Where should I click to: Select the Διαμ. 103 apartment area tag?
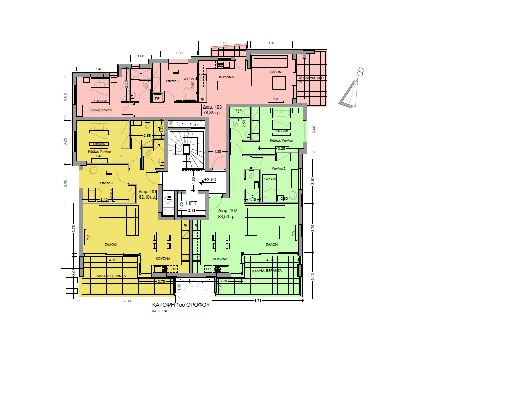pyautogui.click(x=212, y=110)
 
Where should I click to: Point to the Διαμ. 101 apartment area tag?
pyautogui.click(x=147, y=194)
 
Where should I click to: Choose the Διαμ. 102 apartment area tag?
pyautogui.click(x=227, y=214)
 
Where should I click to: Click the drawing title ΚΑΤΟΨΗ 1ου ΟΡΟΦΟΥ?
pyautogui.click(x=181, y=305)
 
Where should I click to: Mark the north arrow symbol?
pyautogui.click(x=354, y=89)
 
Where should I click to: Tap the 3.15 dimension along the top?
pyautogui.click(x=272, y=43)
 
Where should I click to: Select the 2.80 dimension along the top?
pyautogui.click(x=179, y=53)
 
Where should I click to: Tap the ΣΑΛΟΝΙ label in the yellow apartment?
pyautogui.click(x=111, y=245)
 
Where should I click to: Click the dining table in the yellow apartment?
pyautogui.click(x=161, y=241)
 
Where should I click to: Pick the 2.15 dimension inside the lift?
pyautogui.click(x=191, y=210)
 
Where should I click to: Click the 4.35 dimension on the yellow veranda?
pyautogui.click(x=113, y=260)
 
